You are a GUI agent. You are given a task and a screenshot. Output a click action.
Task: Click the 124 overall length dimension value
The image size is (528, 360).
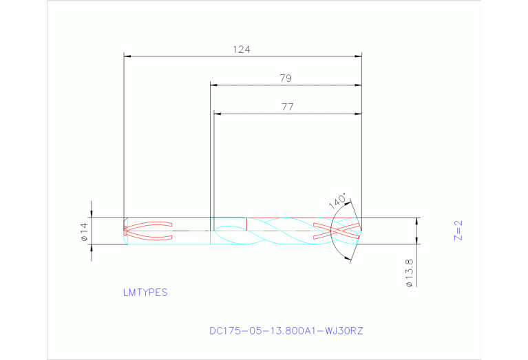[x=242, y=50]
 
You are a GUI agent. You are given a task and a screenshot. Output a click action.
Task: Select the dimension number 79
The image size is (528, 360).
[x=286, y=78]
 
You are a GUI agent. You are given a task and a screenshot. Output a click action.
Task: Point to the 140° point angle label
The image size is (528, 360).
[x=337, y=200]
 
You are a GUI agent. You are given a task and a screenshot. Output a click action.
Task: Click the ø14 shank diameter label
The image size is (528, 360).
[x=84, y=232]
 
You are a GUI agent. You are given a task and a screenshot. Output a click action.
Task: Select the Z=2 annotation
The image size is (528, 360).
[x=458, y=231]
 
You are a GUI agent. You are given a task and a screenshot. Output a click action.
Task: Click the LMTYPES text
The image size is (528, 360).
[x=145, y=292]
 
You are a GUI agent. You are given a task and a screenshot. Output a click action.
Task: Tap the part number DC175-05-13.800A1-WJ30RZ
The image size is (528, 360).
[x=286, y=330]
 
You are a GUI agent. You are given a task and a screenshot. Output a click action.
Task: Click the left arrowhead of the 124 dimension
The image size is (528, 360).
[x=127, y=56]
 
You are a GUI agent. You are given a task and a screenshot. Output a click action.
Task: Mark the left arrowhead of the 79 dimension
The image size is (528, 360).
[x=214, y=85]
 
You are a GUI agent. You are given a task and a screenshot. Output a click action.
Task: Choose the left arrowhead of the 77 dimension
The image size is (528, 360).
[x=218, y=113]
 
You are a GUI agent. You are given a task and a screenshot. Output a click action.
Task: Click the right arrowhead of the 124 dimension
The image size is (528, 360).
[x=358, y=56]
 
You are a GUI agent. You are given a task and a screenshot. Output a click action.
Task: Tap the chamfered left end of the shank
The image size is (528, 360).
[x=125, y=231]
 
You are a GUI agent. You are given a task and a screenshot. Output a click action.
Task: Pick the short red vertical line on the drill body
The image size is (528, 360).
[x=246, y=224]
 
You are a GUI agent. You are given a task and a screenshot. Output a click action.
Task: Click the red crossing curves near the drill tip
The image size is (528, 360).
[x=336, y=231]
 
